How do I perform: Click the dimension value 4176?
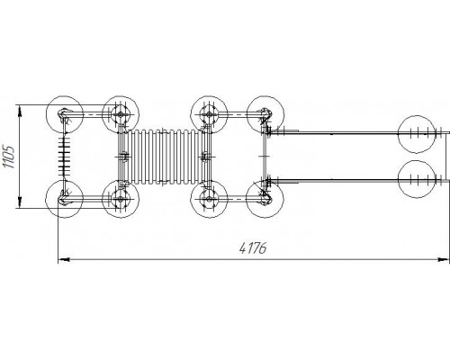click(253, 247)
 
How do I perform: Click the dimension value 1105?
click(8, 157)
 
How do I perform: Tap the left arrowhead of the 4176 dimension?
click(64, 259)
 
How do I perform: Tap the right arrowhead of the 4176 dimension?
click(444, 259)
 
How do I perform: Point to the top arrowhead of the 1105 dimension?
click(20, 111)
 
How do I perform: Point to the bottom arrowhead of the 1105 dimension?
click(20, 202)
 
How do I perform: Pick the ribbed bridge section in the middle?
click(164, 157)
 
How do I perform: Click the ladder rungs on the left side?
click(64, 157)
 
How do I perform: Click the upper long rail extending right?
click(358, 132)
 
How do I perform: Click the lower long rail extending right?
click(358, 180)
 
